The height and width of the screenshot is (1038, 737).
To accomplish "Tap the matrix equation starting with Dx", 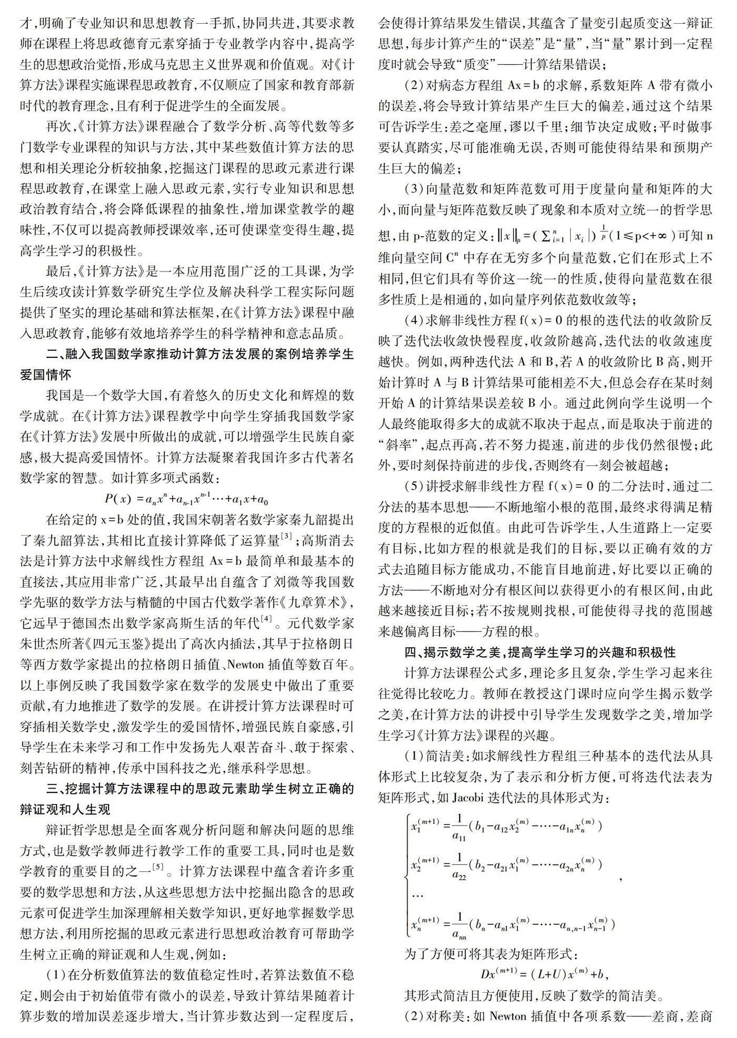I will (x=544, y=973).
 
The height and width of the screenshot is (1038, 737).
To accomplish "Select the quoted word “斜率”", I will (x=399, y=445).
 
